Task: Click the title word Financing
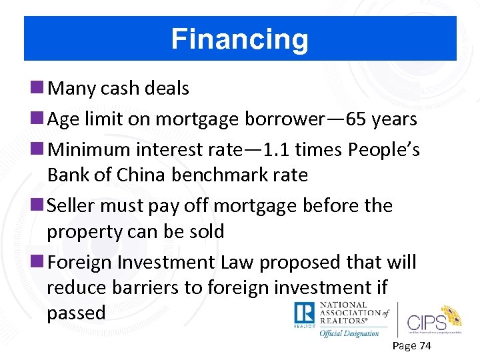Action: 240,39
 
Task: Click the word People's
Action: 384,150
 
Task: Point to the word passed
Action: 76,313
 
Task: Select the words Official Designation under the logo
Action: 349,333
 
